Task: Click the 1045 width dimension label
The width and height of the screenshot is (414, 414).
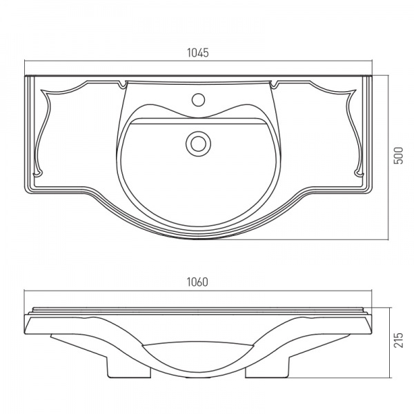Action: click(198, 53)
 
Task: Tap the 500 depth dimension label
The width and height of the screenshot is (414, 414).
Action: click(398, 155)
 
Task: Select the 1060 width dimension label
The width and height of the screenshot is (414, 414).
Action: click(197, 282)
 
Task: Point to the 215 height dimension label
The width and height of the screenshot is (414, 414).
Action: click(398, 340)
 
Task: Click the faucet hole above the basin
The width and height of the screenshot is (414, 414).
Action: click(198, 100)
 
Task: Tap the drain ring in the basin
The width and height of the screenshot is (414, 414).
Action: click(198, 144)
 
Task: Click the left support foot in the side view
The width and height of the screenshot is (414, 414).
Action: click(128, 366)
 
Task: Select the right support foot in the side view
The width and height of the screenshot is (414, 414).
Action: click(268, 366)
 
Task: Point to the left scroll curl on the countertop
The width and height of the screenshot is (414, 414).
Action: click(38, 173)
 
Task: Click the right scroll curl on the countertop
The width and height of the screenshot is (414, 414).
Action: click(359, 173)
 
